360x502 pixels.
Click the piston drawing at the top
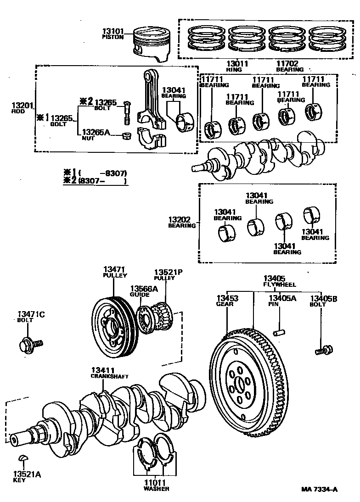click(x=152, y=43)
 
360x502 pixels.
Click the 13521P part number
click(x=168, y=272)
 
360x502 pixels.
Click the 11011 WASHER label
click(x=156, y=485)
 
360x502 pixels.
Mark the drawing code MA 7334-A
click(x=320, y=489)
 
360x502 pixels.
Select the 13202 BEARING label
click(x=182, y=223)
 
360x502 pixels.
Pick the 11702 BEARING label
click(x=289, y=67)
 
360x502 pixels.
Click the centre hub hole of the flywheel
click(x=240, y=386)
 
